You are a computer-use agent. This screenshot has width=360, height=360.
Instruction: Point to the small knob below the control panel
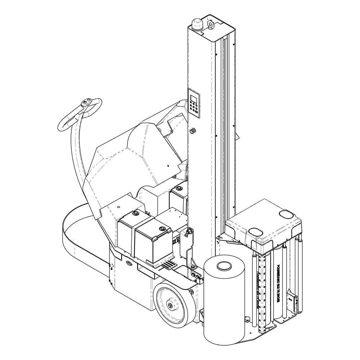tap(193, 130)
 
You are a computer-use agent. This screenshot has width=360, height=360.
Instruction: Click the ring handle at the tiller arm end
tap(80, 114)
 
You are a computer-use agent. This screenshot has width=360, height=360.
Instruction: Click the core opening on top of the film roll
tap(224, 267)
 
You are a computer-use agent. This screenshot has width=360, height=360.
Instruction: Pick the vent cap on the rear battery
tap(136, 214)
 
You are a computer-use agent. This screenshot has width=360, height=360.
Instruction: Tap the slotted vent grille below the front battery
tap(168, 265)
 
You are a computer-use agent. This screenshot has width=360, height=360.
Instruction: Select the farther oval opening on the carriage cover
tap(286, 214)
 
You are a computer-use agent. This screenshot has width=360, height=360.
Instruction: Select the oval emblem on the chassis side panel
tap(129, 263)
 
